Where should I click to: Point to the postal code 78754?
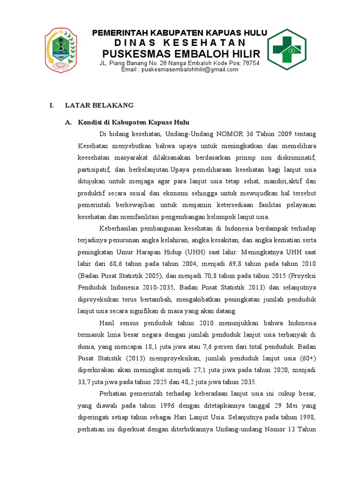tap(249, 63)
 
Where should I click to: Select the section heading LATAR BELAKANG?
tap(99, 105)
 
